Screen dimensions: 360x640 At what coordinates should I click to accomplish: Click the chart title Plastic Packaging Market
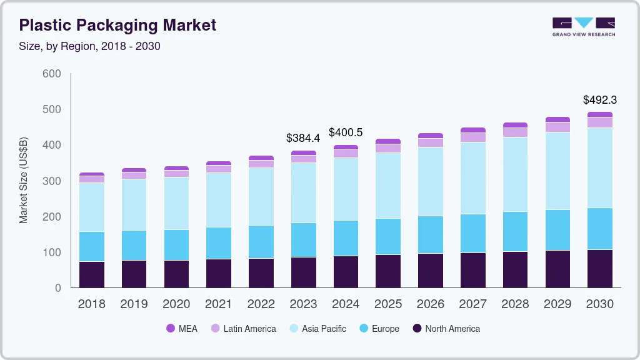[117, 25]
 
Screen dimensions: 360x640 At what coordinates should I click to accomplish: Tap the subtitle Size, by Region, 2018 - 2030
[90, 46]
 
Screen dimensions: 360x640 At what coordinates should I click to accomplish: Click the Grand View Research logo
[583, 26]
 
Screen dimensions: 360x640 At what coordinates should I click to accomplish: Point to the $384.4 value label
[302, 137]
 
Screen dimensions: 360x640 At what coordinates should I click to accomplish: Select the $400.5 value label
[346, 132]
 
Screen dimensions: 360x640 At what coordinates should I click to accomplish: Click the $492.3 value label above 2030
[600, 100]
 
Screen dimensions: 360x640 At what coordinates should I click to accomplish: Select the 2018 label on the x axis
[91, 304]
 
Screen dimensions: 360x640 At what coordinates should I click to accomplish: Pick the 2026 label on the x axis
[431, 304]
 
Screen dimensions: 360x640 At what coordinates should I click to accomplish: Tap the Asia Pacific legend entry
[317, 329]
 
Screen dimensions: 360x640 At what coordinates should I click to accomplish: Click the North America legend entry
[446, 329]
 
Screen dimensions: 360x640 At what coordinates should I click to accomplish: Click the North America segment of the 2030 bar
[600, 269]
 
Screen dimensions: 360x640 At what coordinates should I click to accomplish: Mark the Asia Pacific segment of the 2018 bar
[91, 207]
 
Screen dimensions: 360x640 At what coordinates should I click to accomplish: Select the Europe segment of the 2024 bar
[346, 238]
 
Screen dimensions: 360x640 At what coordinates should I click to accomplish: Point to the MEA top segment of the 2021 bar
[219, 163]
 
